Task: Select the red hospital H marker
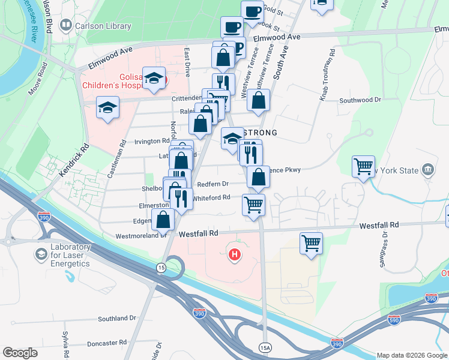tap(235, 255)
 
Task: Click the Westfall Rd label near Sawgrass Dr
tap(379, 225)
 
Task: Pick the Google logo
tap(20, 353)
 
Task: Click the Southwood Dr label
tap(360, 100)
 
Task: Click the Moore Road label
tap(37, 83)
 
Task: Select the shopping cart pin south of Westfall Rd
tap(311, 243)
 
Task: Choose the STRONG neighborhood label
tap(260, 133)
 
